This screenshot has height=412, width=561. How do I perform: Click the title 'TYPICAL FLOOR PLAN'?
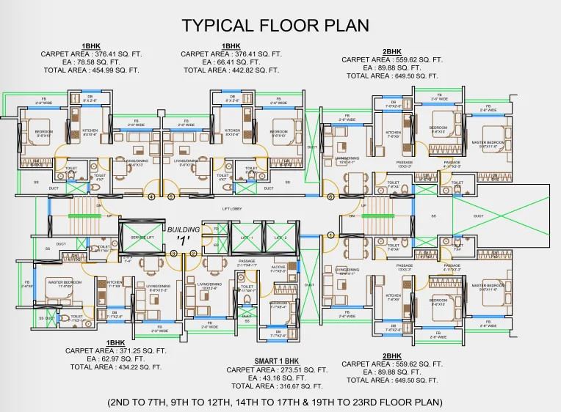[275, 26]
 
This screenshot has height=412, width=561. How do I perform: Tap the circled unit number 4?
[152, 196]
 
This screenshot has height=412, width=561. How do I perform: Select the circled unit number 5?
[171, 196]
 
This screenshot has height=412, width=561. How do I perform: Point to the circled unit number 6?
[330, 196]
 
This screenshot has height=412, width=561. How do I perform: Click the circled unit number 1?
[330, 235]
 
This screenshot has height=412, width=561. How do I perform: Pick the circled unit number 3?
[174, 254]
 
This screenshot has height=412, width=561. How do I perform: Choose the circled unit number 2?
[193, 254]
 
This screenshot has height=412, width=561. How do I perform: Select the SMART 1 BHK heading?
[277, 361]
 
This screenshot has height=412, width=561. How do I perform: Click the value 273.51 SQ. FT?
[298, 369]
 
